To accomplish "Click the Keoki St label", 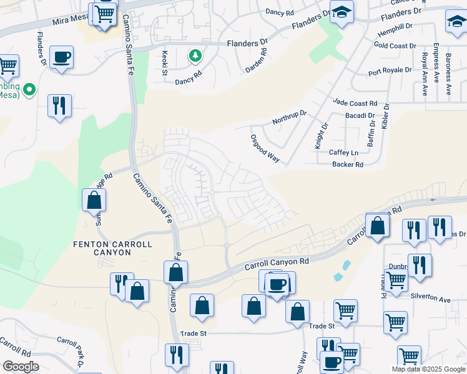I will pos(165,63).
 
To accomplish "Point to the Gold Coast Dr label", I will pos(395,46).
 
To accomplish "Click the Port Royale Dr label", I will pos(390,72).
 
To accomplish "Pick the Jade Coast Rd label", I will pos(355,103).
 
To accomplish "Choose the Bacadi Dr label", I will pos(360,116).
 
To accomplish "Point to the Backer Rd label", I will pos(348,165).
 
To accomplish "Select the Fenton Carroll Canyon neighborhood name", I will pos(112,249).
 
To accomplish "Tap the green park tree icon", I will pos(195,57).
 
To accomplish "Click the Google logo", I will pos(21,367).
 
